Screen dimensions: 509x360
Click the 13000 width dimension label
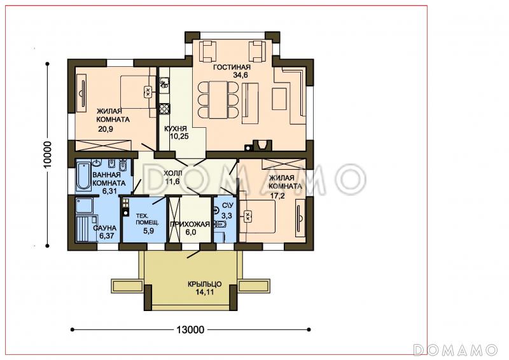pos(190,330)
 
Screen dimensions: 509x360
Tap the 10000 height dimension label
pos(47,155)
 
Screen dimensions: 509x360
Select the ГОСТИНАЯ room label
pos(232,67)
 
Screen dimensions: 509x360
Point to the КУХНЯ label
pos(176,128)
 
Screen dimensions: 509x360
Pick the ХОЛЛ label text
pos(172,174)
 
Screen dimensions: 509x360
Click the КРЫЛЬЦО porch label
pos(204,284)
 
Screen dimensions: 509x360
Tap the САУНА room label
pos(104,228)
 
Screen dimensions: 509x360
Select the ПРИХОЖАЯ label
pos(190,225)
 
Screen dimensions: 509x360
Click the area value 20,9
pos(106,129)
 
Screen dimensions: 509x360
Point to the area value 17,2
pos(278,196)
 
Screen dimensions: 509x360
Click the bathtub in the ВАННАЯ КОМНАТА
pos(83,176)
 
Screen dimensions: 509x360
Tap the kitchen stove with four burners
pos(165,109)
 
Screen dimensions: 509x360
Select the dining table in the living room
pos(218,100)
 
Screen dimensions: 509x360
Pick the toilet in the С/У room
pos(221,225)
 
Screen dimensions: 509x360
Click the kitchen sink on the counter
pos(164,83)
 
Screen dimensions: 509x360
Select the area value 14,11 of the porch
pos(205,292)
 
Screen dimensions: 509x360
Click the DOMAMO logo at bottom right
pos(456,350)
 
